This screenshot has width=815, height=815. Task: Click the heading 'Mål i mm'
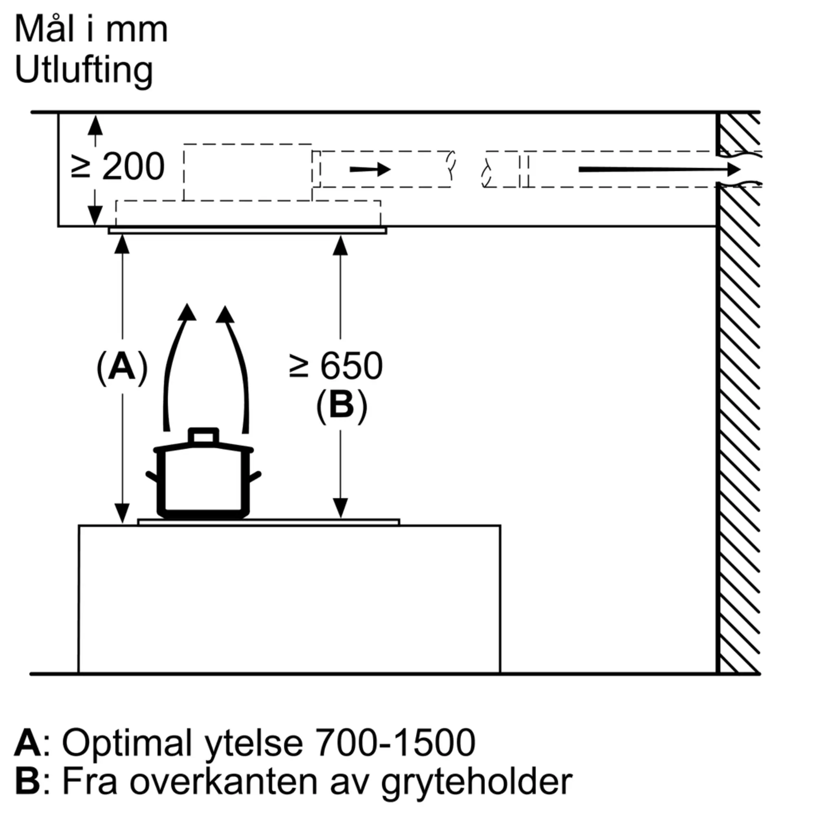(x=91, y=29)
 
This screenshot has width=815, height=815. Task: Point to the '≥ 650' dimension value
(x=336, y=366)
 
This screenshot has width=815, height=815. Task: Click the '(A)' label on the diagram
(x=122, y=368)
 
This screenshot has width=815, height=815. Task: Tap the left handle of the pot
(x=152, y=477)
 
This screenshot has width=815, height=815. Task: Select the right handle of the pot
(x=255, y=477)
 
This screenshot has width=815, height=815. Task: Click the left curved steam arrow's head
(x=187, y=313)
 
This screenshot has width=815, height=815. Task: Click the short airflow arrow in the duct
(x=370, y=170)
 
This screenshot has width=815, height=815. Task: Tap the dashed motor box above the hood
(x=248, y=172)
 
